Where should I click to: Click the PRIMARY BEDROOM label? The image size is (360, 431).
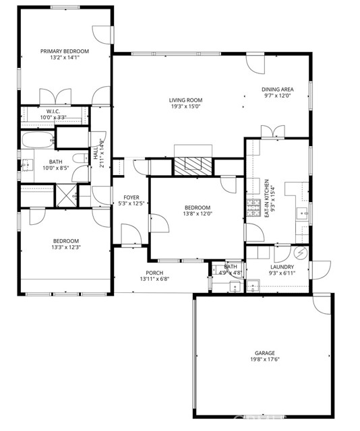point(65,51)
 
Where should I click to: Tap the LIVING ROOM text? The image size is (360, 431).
point(186,100)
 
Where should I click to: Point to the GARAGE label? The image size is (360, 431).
point(264,353)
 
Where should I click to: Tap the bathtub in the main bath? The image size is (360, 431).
point(37,141)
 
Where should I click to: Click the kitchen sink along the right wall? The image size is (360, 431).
point(304,215)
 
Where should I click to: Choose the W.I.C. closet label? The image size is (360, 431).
point(53,111)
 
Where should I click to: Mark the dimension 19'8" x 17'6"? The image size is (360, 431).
point(264,360)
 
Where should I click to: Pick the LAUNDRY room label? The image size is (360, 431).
point(280,267)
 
